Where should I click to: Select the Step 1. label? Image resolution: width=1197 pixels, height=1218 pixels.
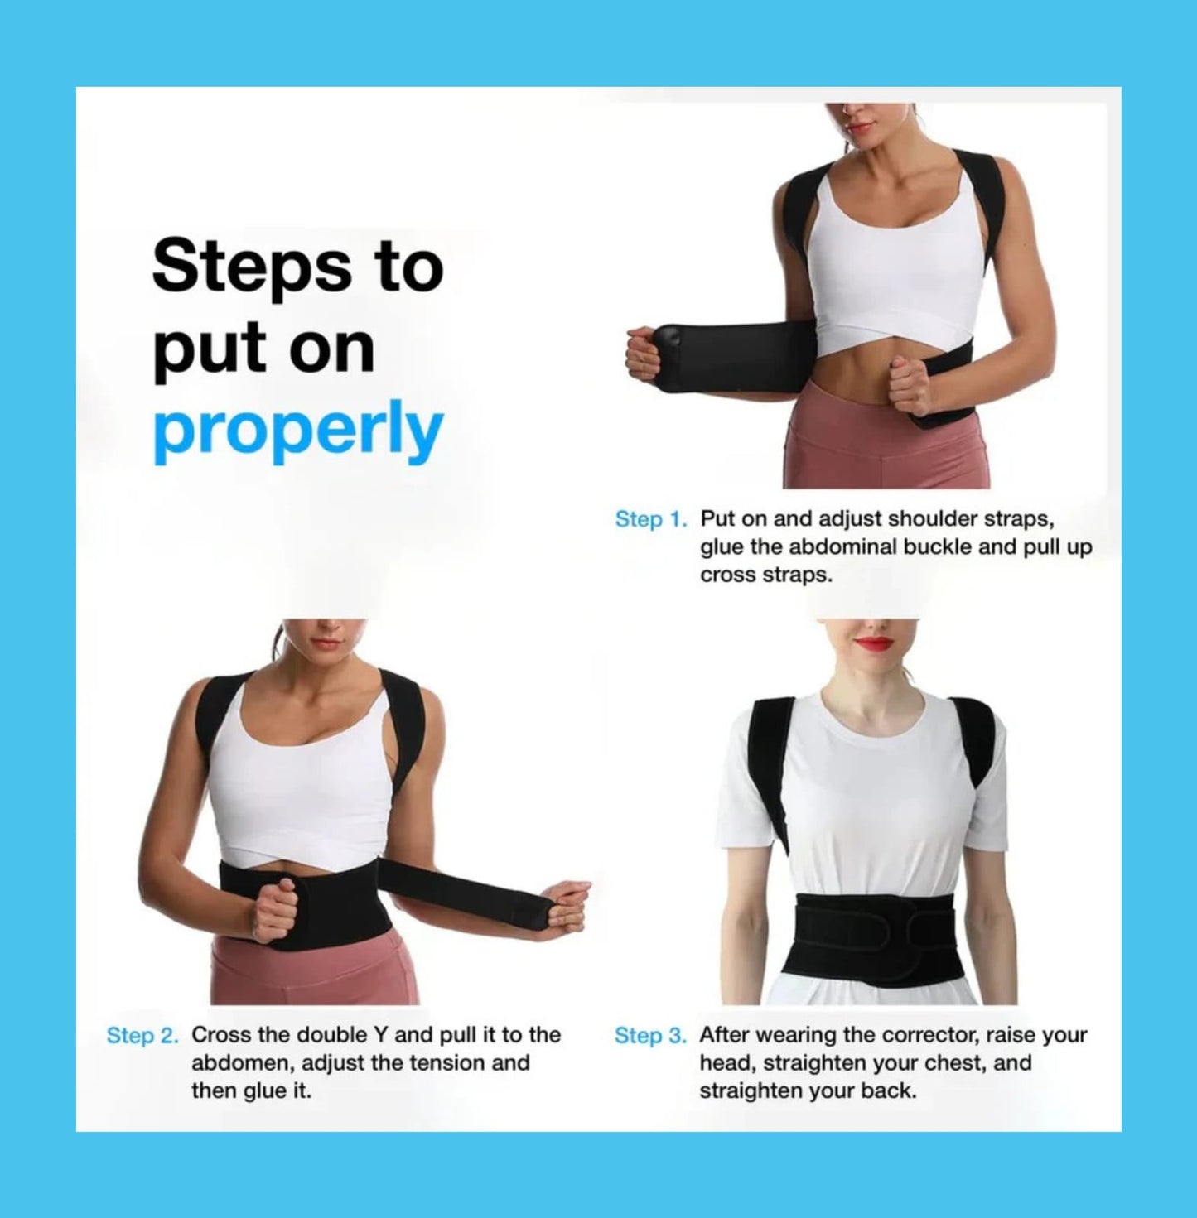point(651,519)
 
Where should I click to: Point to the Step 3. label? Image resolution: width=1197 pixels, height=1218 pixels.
point(650,1035)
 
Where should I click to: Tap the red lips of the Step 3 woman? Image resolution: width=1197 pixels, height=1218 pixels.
point(873,643)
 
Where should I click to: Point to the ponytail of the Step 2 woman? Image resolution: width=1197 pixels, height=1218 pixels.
point(277,638)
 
